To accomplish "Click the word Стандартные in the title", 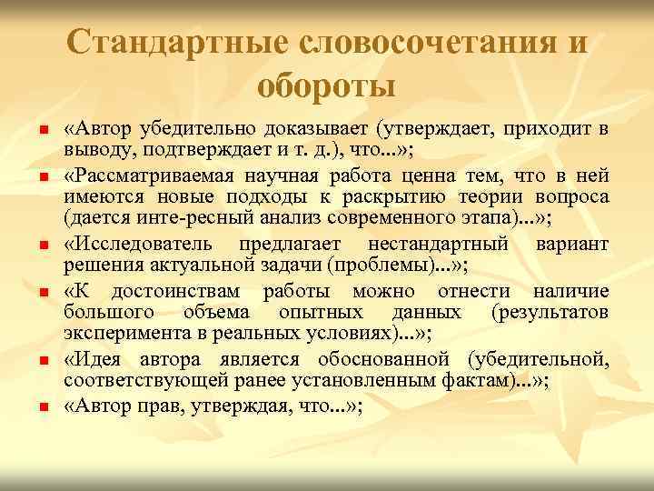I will (171, 43).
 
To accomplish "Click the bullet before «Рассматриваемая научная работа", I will (42, 172).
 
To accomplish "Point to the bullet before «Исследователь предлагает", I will (42, 245).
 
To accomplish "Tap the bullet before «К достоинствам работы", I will (42, 294).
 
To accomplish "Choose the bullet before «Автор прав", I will (42, 408).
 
